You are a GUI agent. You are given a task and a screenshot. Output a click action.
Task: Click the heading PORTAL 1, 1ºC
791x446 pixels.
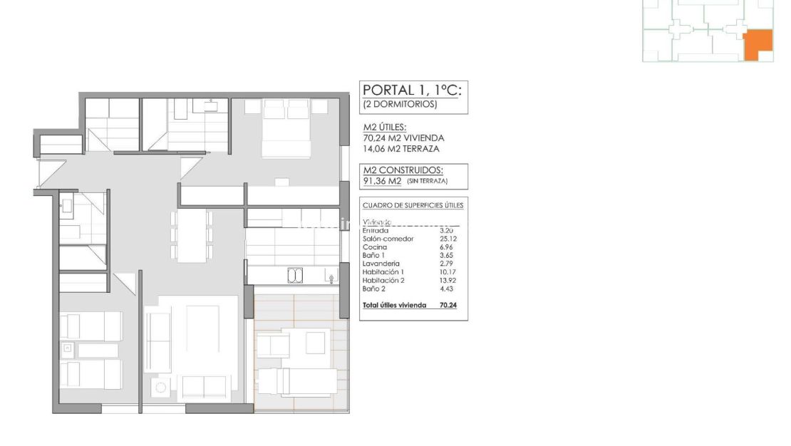[x=413, y=90]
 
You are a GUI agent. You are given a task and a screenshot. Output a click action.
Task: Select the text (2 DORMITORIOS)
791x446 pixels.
[x=399, y=104]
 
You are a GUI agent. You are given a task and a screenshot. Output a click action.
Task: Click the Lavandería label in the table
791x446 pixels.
[x=381, y=264]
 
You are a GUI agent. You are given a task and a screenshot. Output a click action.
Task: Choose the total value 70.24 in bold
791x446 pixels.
[x=448, y=305]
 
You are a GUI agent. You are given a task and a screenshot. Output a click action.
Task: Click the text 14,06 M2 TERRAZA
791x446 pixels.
[x=401, y=149]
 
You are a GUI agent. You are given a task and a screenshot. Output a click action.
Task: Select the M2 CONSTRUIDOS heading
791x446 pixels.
[x=403, y=170]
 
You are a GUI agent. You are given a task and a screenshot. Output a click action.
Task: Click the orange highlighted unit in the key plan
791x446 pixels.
[x=756, y=44]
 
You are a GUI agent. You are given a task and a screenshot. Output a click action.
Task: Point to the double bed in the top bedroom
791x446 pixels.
[x=286, y=128]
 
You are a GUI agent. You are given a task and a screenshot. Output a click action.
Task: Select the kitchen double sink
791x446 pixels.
[x=295, y=274]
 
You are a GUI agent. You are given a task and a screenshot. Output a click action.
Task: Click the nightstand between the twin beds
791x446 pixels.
[x=68, y=349]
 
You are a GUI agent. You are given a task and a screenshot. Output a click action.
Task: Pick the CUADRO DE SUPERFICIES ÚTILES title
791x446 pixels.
[x=413, y=205]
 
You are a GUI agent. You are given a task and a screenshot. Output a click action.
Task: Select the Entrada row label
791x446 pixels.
[x=376, y=230]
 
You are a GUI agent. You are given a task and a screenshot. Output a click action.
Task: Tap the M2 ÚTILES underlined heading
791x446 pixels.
[x=385, y=128]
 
